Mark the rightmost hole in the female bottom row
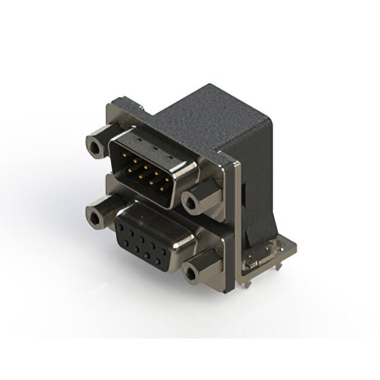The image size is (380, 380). pos(161,255)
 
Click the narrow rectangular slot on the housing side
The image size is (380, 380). pos(245,196)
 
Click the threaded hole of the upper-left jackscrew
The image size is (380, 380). pos(92,144)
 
